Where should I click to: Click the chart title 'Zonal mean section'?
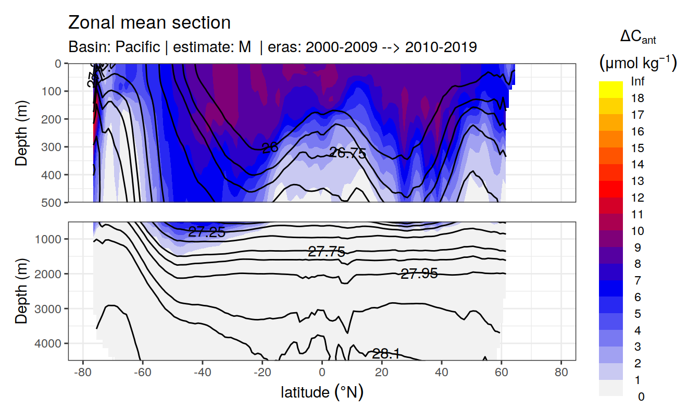(x=149, y=23)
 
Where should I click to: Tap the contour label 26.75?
(x=348, y=153)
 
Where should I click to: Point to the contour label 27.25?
(x=207, y=232)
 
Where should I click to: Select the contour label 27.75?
(x=327, y=252)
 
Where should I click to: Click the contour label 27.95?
(x=419, y=274)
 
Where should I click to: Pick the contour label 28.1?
(x=385, y=354)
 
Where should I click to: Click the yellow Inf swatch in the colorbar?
(x=611, y=85)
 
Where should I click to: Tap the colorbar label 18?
(x=637, y=98)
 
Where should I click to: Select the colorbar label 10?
(x=637, y=231)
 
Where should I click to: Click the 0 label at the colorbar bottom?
(x=641, y=397)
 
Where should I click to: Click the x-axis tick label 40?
(x=442, y=374)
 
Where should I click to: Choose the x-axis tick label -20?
(x=262, y=374)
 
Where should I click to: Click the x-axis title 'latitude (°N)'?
(x=322, y=392)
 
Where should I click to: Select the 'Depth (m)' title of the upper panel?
(x=21, y=132)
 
